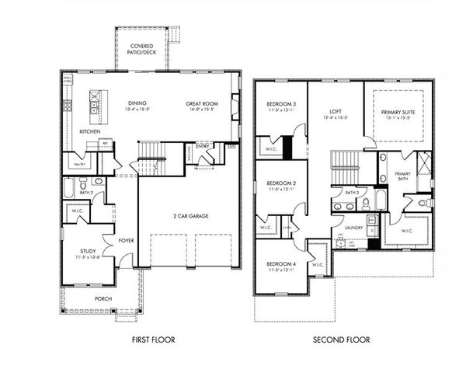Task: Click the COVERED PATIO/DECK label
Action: point(142,49)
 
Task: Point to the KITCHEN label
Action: point(90,132)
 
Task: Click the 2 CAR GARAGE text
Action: point(190,215)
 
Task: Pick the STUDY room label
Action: point(88,251)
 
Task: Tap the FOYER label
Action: point(126,241)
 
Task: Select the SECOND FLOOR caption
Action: point(341,340)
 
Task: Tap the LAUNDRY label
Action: point(343,228)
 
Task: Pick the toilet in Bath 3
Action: point(365,204)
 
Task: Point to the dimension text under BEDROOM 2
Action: point(278,189)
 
